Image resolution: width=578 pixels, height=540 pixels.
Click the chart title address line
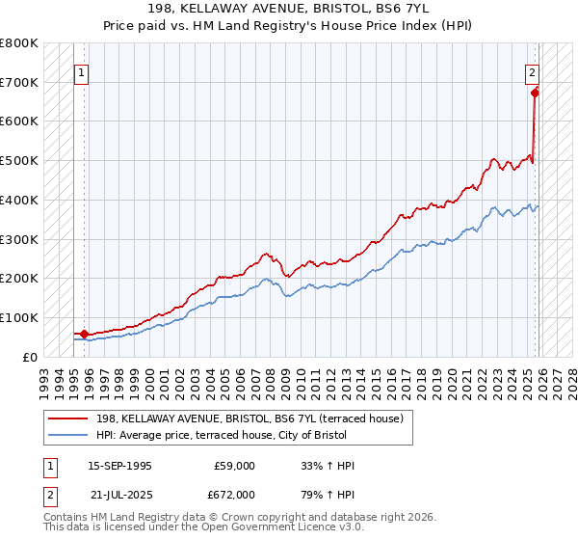289,9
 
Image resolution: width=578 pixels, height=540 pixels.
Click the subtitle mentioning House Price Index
289,25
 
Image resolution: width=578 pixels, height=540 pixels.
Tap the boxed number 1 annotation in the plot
81,71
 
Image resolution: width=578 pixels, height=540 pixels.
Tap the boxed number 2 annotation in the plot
531,71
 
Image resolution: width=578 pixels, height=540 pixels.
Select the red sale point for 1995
85,334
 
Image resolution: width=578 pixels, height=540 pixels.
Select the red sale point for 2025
535,94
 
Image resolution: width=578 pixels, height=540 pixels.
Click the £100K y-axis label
19,317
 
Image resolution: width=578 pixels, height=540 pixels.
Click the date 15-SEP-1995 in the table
119,466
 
